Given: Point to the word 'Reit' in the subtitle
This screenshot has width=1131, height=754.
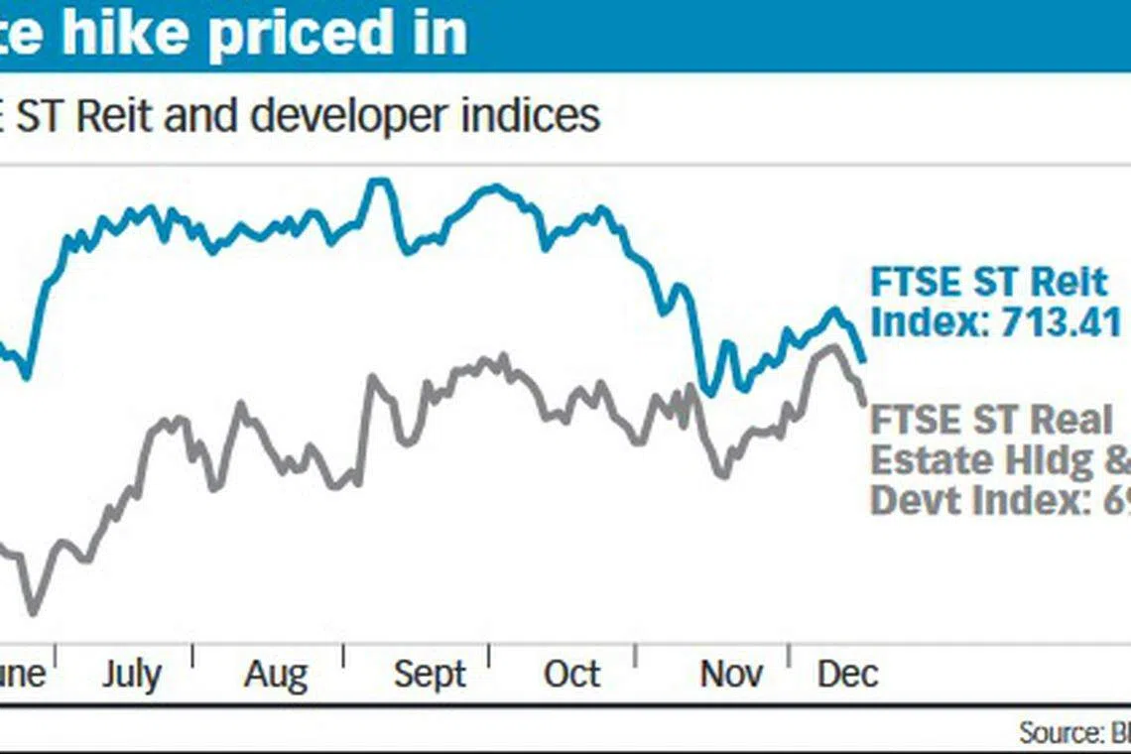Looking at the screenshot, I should point(112,116).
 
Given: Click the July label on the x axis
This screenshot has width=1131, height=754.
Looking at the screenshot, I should point(131,675).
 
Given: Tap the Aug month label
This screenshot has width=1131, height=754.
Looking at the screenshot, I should point(276,675).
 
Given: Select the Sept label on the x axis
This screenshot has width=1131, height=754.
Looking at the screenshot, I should point(429,675).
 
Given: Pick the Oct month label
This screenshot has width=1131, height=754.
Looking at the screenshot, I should point(571,675).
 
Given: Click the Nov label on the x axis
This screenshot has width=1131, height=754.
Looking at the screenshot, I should point(731,675).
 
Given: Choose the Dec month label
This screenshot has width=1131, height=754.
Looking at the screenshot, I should point(847,675).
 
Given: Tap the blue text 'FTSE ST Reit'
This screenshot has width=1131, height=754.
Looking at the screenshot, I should point(988,283).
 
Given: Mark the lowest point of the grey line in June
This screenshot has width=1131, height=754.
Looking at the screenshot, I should point(33,612).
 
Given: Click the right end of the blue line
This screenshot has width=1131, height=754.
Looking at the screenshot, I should point(864,359).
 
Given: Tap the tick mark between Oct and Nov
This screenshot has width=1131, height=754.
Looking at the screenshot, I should point(636,656).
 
